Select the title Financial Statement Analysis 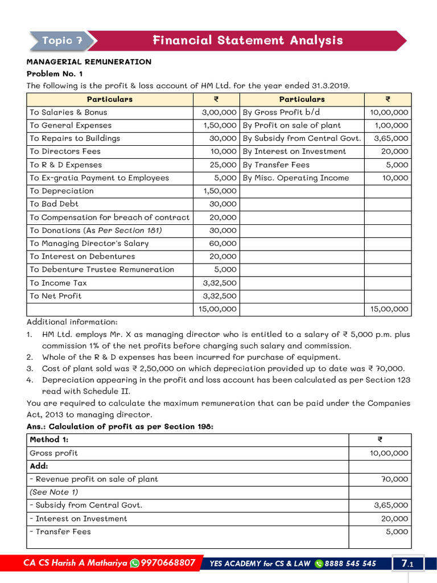(x=248, y=40)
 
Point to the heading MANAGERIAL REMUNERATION (x=89, y=61)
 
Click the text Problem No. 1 (x=55, y=73)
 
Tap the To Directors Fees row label (x=65, y=151)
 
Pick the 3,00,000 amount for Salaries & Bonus (x=216, y=112)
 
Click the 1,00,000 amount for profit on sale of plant (x=391, y=125)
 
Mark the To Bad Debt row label (x=54, y=204)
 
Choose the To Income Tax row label (x=58, y=283)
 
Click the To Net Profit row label (x=55, y=296)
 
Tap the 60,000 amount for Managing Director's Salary (x=224, y=244)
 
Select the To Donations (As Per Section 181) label (x=96, y=231)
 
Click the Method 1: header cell (x=49, y=440)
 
